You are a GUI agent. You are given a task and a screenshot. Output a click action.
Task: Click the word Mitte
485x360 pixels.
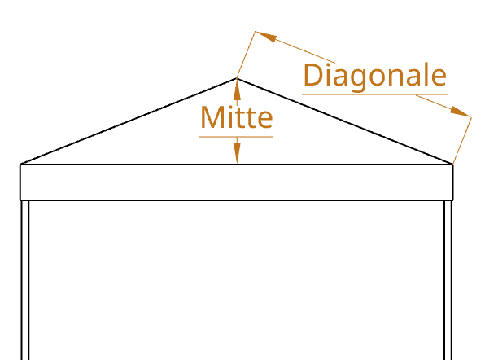237,117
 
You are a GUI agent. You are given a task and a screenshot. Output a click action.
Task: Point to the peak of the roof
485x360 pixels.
237,79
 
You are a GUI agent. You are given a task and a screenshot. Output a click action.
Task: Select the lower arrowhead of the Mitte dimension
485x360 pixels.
237,152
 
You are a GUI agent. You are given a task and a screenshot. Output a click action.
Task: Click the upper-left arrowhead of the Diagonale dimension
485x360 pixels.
266,36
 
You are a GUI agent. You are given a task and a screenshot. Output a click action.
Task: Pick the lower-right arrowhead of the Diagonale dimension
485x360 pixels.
461,112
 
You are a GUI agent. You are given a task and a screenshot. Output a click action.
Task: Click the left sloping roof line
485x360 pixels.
129,121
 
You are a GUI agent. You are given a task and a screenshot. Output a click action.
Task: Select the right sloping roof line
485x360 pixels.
345,121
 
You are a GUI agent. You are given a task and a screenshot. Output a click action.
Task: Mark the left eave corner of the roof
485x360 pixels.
20,164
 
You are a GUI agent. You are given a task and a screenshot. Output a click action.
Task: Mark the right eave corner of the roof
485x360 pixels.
452,164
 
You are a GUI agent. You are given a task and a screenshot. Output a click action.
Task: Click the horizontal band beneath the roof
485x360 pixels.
237,182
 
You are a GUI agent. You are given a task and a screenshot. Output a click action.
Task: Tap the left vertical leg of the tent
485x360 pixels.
25,280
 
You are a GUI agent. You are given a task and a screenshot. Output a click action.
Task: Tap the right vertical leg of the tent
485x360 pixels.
448,280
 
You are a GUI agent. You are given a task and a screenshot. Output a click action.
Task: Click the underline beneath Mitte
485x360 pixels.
236,137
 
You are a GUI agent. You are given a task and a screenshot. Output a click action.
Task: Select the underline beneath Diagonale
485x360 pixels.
374,94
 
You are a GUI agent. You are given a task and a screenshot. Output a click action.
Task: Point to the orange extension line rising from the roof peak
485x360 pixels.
247,55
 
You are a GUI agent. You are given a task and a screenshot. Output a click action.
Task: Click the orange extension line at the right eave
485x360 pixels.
462,140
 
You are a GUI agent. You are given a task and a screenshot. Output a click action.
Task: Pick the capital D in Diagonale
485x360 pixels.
313,75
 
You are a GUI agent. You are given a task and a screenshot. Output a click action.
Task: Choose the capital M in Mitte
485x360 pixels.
212,117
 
